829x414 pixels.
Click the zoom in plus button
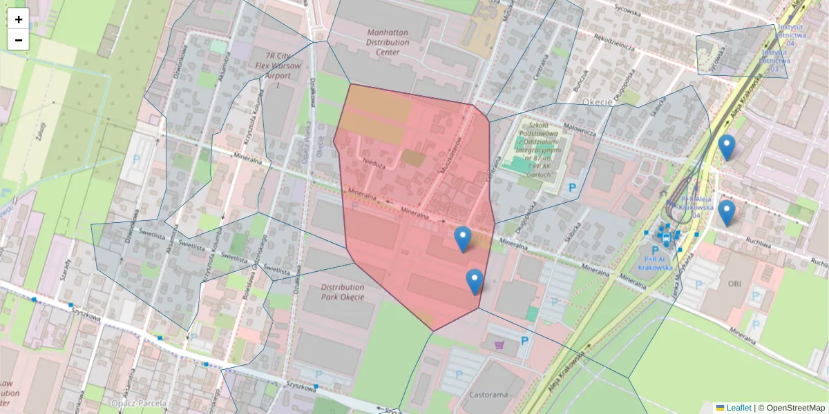click(19, 19)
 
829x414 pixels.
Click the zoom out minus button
click(19, 40)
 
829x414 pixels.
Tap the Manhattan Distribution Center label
click(388, 42)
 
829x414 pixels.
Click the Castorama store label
click(488, 395)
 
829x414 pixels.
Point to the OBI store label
click(733, 283)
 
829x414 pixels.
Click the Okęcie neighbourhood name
click(598, 101)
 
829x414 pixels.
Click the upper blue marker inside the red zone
click(463, 239)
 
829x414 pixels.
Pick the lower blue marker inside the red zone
click(474, 282)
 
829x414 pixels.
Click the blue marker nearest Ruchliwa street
click(726, 213)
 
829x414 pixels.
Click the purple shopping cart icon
click(499, 344)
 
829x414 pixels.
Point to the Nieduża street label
click(374, 165)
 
